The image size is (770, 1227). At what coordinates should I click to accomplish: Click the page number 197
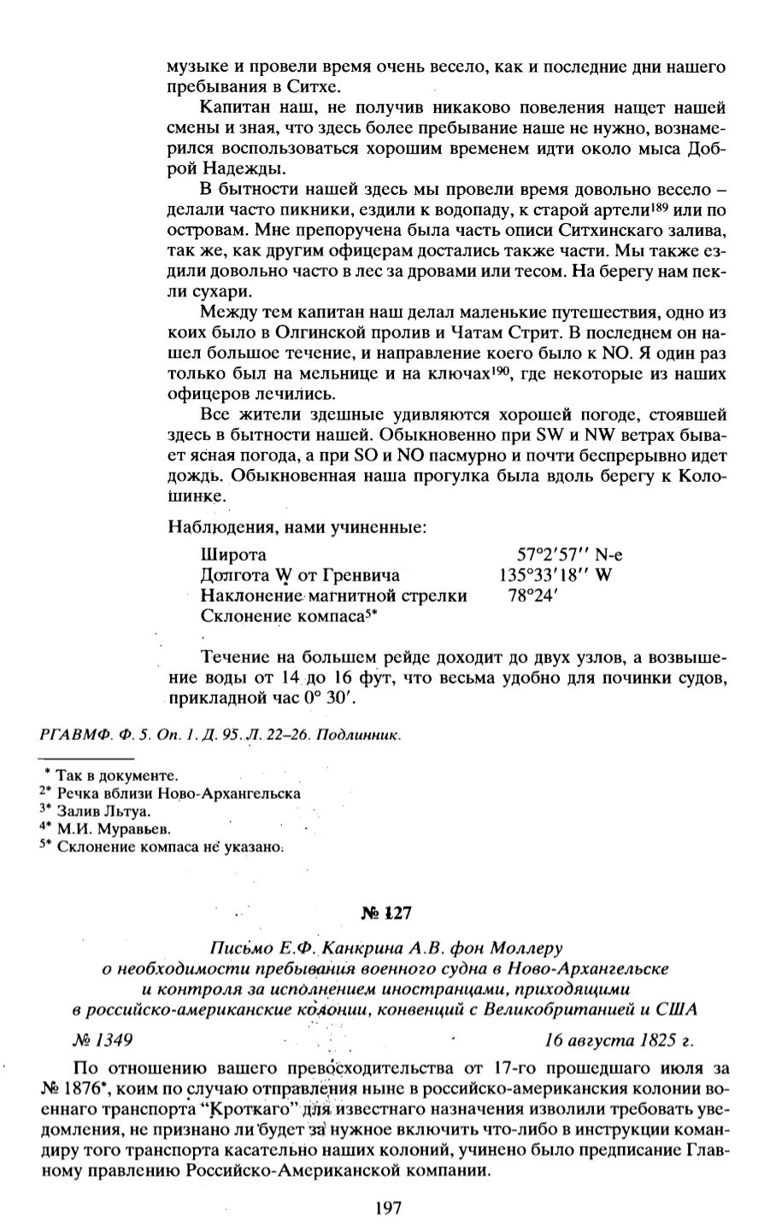(388, 1208)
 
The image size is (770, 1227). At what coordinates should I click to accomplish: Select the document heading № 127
(387, 913)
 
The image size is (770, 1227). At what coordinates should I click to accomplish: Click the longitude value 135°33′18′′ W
(555, 575)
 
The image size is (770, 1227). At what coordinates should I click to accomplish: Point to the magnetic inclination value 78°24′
(532, 596)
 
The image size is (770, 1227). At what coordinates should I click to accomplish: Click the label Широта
(233, 555)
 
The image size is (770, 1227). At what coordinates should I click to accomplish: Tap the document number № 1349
(102, 1041)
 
